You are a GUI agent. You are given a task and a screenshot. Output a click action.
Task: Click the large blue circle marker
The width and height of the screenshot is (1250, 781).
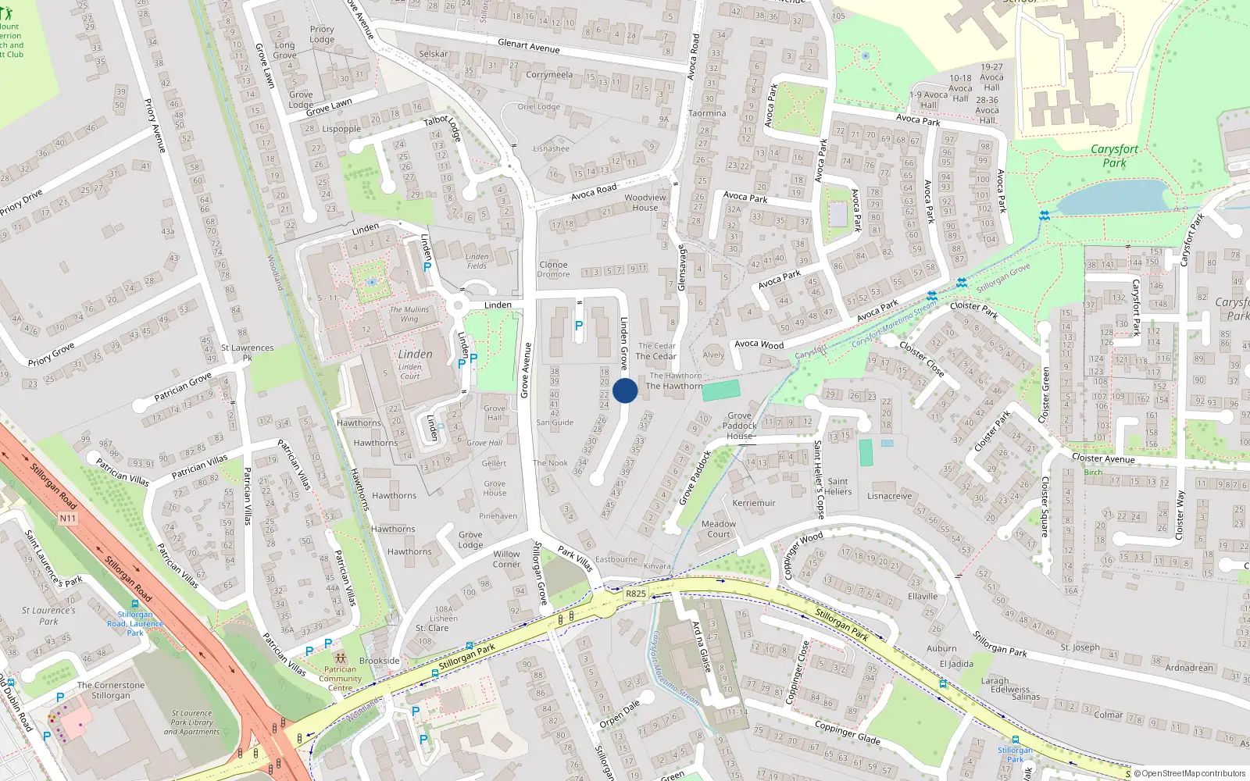[625, 390]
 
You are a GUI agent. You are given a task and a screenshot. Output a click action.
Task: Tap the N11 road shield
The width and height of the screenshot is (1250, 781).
[68, 518]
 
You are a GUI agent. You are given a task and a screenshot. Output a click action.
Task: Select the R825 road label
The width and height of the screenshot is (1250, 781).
[636, 594]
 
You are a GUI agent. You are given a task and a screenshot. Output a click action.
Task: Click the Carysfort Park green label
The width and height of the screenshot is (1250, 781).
[1114, 155]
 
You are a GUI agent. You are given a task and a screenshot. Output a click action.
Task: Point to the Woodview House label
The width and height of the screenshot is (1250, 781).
[645, 202]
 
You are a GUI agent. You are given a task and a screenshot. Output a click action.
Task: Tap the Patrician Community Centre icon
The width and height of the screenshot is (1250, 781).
[340, 658]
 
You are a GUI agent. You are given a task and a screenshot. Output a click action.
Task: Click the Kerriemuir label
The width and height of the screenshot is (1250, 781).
[754, 503]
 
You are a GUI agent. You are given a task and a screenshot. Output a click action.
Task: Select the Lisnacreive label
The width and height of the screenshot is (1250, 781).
[889, 496]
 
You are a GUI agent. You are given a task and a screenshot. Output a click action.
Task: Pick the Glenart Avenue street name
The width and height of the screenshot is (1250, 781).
[529, 46]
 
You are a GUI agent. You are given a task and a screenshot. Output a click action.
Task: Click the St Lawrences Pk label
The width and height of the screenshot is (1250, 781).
[247, 352]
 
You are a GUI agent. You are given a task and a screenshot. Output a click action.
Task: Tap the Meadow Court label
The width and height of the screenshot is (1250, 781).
[719, 529]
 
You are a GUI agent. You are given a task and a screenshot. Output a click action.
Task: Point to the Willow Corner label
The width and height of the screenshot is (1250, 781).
[506, 559]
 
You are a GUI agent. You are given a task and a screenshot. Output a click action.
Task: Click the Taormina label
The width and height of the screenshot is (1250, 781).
[707, 113]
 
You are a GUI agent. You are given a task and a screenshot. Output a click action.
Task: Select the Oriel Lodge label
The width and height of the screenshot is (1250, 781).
[538, 107]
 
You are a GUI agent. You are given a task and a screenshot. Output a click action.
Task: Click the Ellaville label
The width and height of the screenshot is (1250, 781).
[923, 597]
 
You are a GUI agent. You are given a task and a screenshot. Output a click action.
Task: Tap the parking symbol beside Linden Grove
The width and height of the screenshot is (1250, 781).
[579, 326]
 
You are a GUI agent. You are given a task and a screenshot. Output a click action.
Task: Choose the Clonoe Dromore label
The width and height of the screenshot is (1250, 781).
[553, 269]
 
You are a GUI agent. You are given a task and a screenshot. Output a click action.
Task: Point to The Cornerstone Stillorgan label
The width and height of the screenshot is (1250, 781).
[111, 690]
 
